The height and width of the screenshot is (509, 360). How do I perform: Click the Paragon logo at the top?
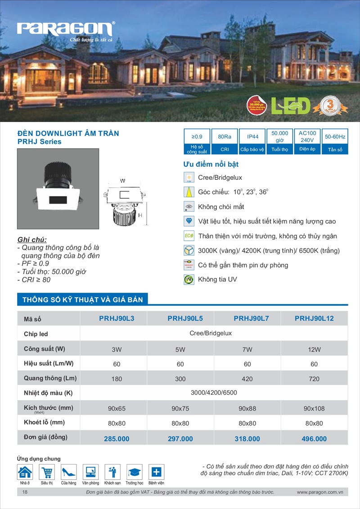(65, 30)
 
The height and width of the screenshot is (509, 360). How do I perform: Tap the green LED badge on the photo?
(291, 105)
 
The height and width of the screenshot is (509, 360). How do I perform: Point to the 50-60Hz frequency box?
(335, 136)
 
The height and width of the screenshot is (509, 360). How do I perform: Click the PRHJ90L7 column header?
(251, 318)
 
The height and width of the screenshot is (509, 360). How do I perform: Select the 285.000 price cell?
(117, 438)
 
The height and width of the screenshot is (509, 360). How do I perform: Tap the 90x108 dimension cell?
(314, 408)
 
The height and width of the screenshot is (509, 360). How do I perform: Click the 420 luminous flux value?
(247, 379)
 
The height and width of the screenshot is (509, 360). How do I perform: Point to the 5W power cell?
(180, 349)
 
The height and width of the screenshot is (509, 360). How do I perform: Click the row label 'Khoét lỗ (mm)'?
(45, 422)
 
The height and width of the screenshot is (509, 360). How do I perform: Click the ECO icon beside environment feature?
(189, 236)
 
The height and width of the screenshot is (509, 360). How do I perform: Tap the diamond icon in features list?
(189, 221)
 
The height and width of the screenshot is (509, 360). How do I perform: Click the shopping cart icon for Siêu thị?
(47, 472)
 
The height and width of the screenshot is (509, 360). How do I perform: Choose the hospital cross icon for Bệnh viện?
(156, 472)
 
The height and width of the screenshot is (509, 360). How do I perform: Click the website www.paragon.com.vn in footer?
(320, 492)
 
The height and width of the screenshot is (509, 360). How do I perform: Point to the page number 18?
(24, 492)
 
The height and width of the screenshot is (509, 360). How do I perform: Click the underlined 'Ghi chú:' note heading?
(31, 239)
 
